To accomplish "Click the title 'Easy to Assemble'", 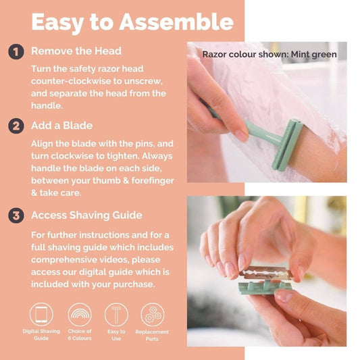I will [132, 22].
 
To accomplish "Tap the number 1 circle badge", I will [16, 51].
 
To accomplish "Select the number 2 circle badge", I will [16, 126].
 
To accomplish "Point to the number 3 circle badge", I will [16, 215].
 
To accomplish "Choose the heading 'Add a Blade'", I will [61, 126].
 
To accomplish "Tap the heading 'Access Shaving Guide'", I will [86, 215].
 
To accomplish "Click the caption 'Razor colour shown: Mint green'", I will [269, 54].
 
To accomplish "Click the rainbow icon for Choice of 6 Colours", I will [80, 315].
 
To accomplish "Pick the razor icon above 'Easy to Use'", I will [116, 315].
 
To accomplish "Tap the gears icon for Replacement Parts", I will [152, 315].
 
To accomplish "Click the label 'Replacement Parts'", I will [152, 335].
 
